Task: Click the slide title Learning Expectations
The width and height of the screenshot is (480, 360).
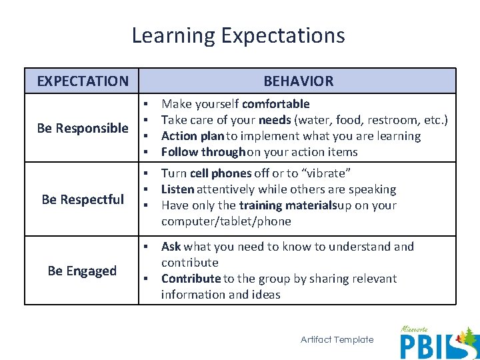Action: tap(238, 35)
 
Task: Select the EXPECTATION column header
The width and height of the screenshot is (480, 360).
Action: tap(83, 81)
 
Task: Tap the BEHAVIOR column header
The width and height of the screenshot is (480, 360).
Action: tap(298, 81)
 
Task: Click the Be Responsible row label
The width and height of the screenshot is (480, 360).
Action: tap(83, 128)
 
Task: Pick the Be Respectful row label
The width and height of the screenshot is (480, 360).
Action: tap(83, 199)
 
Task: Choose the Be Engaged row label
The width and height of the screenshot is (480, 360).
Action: tap(82, 271)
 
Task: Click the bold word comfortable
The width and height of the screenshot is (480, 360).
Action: tap(275, 104)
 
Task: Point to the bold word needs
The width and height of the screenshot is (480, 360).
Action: tap(275, 120)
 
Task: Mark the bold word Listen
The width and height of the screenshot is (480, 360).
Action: tap(177, 189)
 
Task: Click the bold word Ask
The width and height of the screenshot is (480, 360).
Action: tap(171, 247)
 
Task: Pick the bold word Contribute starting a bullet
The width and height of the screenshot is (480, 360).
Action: tap(191, 279)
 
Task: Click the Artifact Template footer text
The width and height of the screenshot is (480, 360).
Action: tap(337, 340)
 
